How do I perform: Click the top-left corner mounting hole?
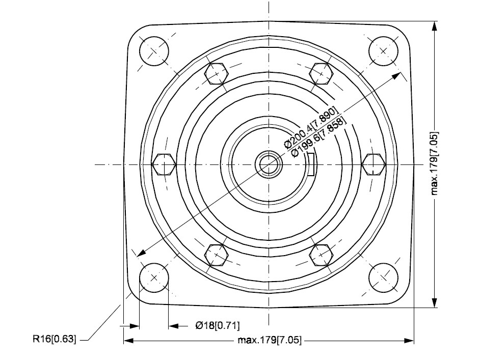click(x=154, y=51)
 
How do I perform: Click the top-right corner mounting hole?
click(x=383, y=51)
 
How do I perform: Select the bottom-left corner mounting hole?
click(x=154, y=278)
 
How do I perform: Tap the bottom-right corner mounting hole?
click(x=383, y=278)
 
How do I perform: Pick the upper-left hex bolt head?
click(x=217, y=74)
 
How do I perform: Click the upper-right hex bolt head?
click(x=321, y=74)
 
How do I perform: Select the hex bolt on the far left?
click(x=164, y=164)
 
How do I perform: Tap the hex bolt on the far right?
click(x=374, y=164)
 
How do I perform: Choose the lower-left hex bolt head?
click(x=217, y=255)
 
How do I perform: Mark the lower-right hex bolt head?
click(x=321, y=255)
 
